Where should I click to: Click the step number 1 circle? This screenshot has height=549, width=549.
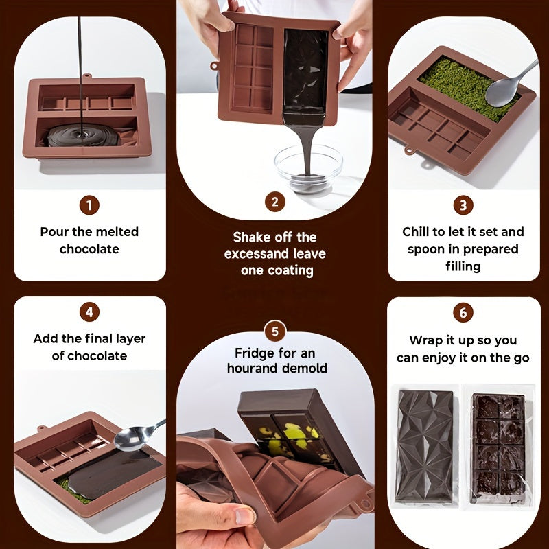coord(89,205)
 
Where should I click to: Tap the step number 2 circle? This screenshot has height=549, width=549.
coord(275,202)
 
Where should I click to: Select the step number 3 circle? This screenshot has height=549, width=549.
coord(463,205)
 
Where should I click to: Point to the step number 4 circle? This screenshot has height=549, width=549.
coord(89,312)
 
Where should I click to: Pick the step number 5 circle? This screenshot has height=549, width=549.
coord(275,331)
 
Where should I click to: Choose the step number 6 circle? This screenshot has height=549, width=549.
coord(463,312)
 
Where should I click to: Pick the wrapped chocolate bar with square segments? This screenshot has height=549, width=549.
coord(499,448)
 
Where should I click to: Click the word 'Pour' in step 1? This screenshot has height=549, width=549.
coord(53,232)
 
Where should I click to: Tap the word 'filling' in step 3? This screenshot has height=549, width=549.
coord(463,266)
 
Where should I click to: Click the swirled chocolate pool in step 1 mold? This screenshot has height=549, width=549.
coord(83,135)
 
